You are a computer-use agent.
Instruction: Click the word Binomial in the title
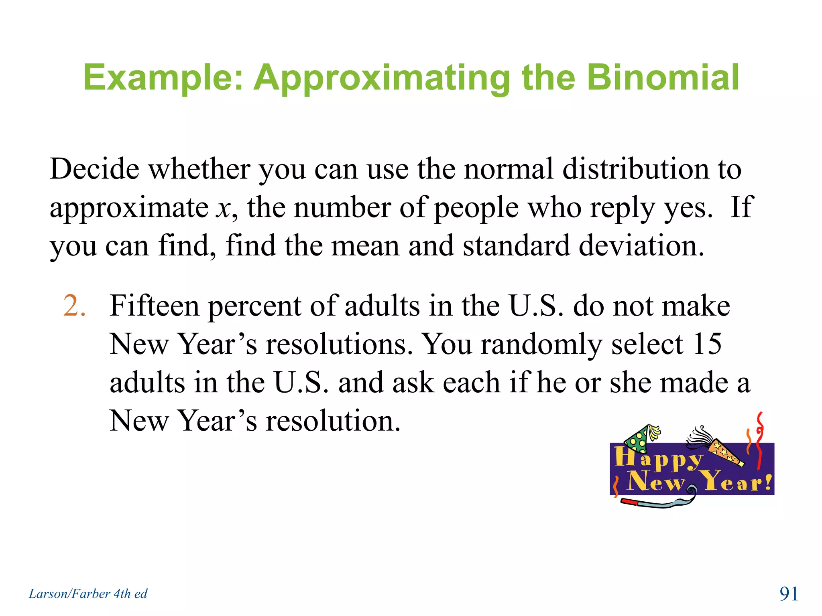(663, 77)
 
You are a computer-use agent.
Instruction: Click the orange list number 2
(74, 306)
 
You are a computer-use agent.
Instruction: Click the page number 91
(789, 594)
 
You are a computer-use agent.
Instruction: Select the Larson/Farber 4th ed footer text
(88, 594)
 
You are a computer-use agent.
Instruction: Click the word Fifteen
(154, 306)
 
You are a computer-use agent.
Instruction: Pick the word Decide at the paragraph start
(94, 169)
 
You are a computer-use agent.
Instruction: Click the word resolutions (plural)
(339, 344)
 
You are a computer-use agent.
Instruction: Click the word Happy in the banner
(658, 458)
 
